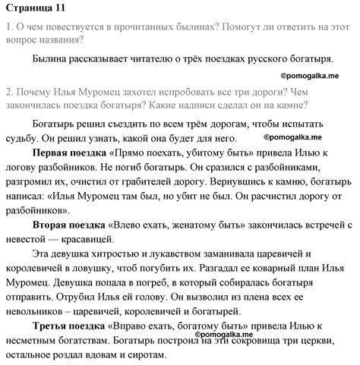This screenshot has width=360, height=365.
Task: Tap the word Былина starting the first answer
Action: (x=53, y=58)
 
